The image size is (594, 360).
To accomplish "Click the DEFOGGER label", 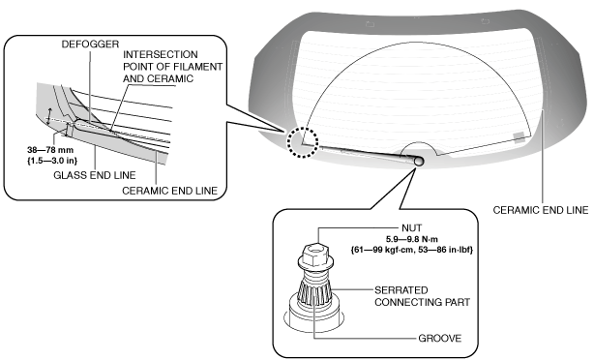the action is coord(90,45).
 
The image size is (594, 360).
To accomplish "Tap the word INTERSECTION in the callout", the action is coord(161,54).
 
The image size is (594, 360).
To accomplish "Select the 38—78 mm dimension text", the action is coord(50,150).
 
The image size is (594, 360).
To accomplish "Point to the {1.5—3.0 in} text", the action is coord(52,161).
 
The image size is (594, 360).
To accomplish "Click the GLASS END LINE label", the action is coord(95,175).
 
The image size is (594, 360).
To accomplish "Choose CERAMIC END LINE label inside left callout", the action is coord(169,191).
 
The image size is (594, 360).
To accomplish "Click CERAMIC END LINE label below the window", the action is coord(541,210).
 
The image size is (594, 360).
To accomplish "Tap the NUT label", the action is coord(411,228).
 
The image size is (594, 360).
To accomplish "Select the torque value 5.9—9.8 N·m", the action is coord(412,239).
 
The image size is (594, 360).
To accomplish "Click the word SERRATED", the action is coord(401,290).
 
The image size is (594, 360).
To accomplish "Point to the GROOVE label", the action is coord(440,338).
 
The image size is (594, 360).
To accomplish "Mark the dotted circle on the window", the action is coord(302,128).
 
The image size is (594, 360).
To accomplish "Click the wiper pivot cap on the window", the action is coord(418,161).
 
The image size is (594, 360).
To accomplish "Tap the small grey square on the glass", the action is coord(519,136).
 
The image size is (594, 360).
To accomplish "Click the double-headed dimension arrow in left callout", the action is coord(49,116).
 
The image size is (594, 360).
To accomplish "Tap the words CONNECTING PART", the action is coord(423,302).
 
